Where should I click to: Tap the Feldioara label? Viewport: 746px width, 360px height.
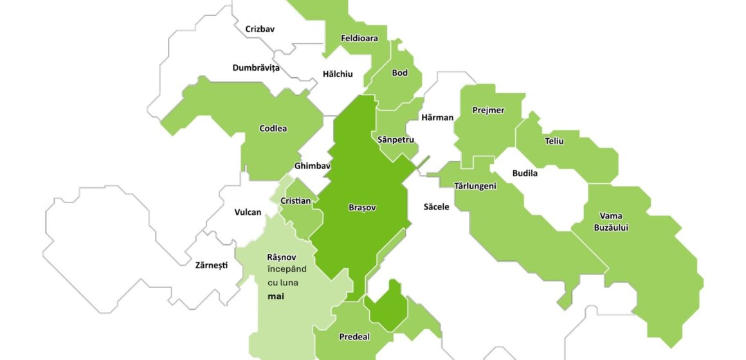[x=359, y=38]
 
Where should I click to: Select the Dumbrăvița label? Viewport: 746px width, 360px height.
[x=256, y=67]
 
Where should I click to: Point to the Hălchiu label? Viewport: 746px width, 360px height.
[x=338, y=74]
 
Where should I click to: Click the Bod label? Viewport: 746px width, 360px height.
[x=399, y=73]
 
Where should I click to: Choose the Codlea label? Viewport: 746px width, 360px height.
[x=273, y=129]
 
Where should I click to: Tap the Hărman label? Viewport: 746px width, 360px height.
[x=437, y=118]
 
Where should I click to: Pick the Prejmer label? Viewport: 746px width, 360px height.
[x=488, y=110]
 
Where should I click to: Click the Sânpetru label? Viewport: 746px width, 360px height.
[x=396, y=139]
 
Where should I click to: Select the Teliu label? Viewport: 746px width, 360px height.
[x=554, y=141]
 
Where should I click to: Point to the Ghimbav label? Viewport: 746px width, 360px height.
[x=312, y=166]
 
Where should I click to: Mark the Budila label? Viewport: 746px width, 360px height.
[x=525, y=173]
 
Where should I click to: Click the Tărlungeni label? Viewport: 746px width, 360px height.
[x=475, y=186]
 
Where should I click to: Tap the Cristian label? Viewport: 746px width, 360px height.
[x=296, y=201]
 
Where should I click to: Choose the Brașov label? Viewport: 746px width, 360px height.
[x=361, y=208]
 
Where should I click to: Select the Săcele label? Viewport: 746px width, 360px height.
[x=436, y=207]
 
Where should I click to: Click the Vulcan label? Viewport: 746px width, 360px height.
[x=248, y=212]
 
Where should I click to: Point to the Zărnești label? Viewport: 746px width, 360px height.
[x=211, y=265]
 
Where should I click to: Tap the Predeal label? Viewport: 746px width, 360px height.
[x=354, y=337]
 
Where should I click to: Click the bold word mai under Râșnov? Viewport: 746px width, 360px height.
[x=276, y=297]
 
